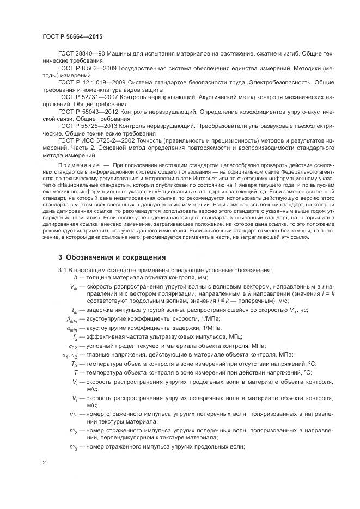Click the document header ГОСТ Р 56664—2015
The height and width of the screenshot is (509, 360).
72,36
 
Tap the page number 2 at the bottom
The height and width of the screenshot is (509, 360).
44,463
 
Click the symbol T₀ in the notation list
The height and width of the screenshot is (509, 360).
75,363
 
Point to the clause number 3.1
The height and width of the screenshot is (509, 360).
62,270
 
